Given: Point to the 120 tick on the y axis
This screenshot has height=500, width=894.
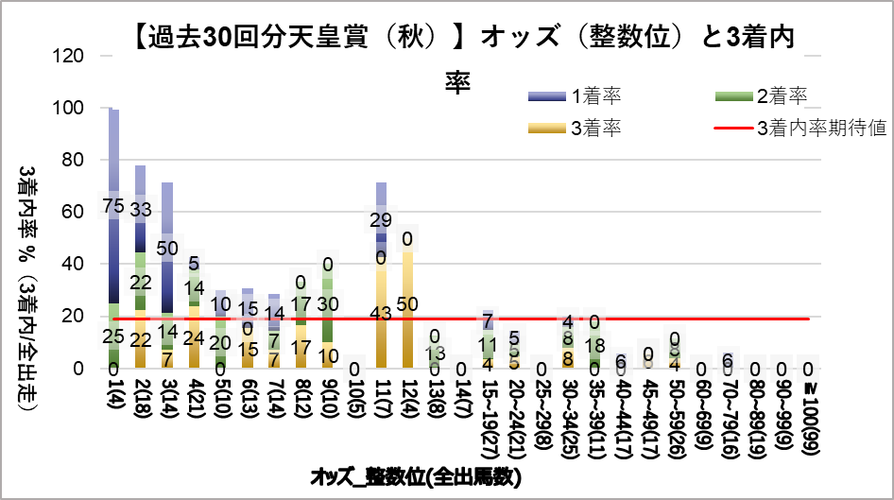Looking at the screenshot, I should pyautogui.click(x=73, y=56).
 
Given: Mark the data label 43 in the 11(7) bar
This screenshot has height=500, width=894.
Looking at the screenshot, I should pyautogui.click(x=382, y=314).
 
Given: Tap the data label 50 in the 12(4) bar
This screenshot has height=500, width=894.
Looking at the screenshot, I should pyautogui.click(x=408, y=303).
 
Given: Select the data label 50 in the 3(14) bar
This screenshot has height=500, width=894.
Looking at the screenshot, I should pyautogui.click(x=167, y=248).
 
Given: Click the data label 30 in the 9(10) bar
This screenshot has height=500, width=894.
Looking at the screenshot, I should pyautogui.click(x=328, y=303).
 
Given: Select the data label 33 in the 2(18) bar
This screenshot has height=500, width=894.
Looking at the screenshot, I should pyautogui.click(x=140, y=209).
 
